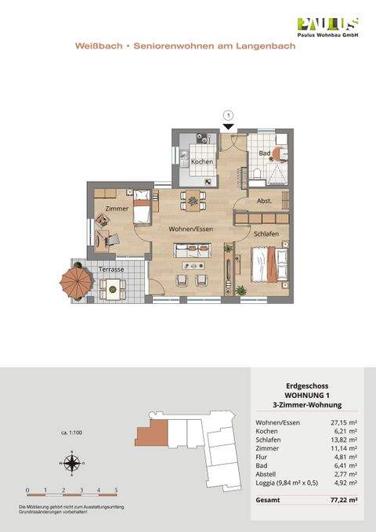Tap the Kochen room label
point(202,162)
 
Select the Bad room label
point(265,153)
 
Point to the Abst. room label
point(265,201)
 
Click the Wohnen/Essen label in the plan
point(190,228)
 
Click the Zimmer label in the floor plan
point(116,208)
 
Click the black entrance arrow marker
point(228,126)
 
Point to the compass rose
point(70,463)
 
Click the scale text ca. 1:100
point(73,432)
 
